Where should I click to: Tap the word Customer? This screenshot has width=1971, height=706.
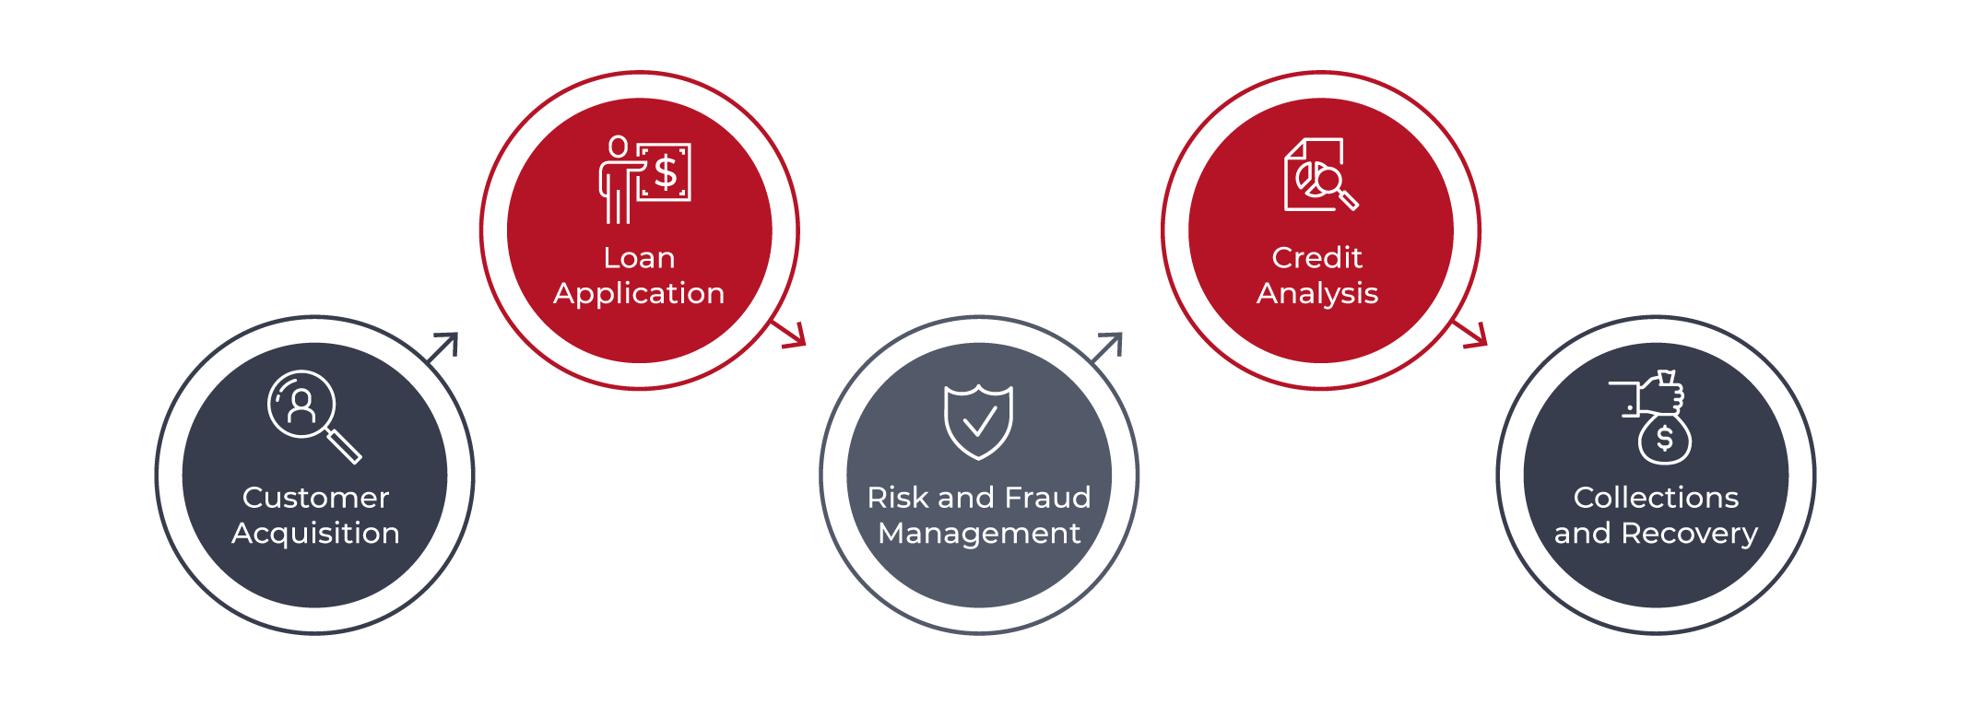(315, 498)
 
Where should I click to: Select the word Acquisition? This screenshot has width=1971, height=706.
(315, 534)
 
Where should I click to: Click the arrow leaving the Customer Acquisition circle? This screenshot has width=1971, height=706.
(443, 347)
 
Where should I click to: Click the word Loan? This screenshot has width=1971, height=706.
(639, 258)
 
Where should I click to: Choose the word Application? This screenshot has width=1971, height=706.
(639, 294)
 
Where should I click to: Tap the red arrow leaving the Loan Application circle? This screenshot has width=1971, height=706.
(789, 334)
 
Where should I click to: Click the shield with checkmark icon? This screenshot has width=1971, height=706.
(978, 421)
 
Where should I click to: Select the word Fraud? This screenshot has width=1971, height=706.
(1047, 498)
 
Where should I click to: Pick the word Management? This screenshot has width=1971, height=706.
(979, 534)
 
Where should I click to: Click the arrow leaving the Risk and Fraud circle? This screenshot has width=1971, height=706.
(1107, 347)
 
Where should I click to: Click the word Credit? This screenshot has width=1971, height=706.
(1316, 258)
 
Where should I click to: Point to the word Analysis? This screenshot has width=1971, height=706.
(1316, 294)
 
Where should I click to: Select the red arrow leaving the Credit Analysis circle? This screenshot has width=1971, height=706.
(1471, 334)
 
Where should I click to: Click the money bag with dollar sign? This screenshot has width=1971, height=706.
(1664, 439)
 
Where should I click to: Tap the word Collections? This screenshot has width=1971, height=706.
(1656, 498)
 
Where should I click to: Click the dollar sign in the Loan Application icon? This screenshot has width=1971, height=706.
(666, 172)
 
